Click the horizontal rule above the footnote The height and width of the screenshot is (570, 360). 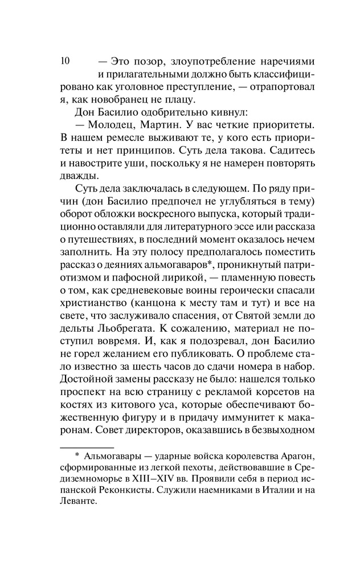point(87,449)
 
